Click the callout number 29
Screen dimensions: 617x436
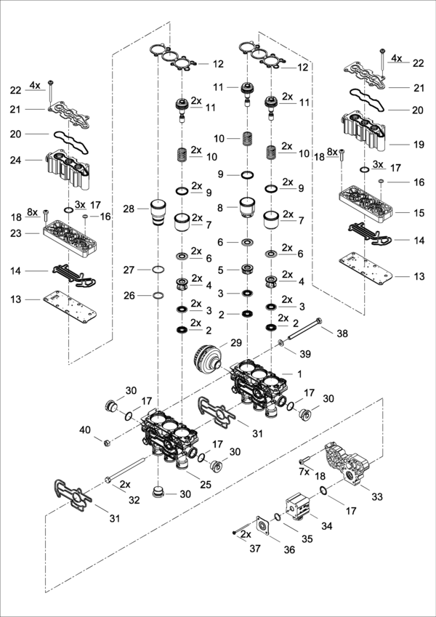235,342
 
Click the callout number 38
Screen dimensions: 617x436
342,332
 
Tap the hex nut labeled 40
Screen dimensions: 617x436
107,441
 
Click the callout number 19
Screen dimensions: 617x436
418,145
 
